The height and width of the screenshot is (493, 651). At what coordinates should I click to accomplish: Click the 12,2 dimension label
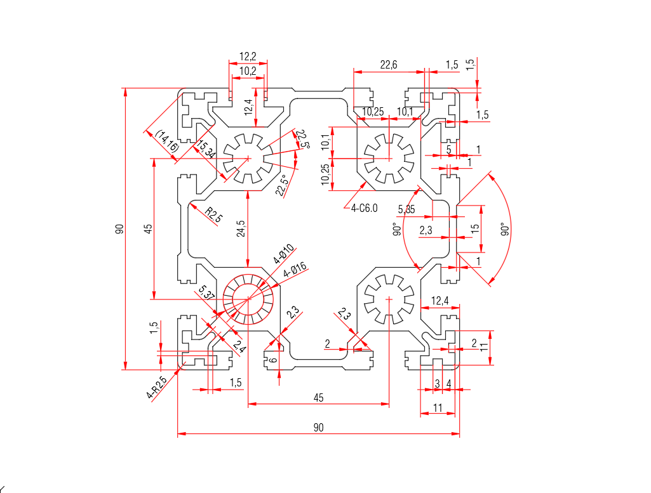[x=248, y=56]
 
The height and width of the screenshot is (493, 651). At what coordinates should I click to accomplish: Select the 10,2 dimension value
[x=248, y=71]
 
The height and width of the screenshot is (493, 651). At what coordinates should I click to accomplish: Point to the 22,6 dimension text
[x=389, y=64]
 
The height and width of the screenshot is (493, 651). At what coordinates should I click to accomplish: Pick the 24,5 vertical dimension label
[x=240, y=229]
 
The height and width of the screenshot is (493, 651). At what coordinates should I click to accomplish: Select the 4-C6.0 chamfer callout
[x=365, y=207]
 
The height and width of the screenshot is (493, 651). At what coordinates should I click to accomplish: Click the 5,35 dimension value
[x=406, y=209]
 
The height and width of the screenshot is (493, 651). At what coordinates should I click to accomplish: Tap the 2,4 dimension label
[x=239, y=346]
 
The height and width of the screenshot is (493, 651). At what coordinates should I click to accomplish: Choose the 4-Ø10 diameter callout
[x=283, y=253]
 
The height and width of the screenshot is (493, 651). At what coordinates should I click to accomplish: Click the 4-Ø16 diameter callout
[x=295, y=270]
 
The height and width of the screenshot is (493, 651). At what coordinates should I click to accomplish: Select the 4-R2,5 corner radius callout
[x=156, y=388]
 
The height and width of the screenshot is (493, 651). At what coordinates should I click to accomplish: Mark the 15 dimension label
[x=475, y=228]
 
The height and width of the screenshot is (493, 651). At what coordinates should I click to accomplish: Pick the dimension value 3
[x=437, y=383]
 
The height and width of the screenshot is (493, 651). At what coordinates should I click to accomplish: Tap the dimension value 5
[x=449, y=149]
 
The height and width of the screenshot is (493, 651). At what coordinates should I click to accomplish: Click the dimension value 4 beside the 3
[x=449, y=383]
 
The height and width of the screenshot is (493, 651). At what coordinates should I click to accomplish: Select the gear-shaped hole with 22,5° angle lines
[x=248, y=159]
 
